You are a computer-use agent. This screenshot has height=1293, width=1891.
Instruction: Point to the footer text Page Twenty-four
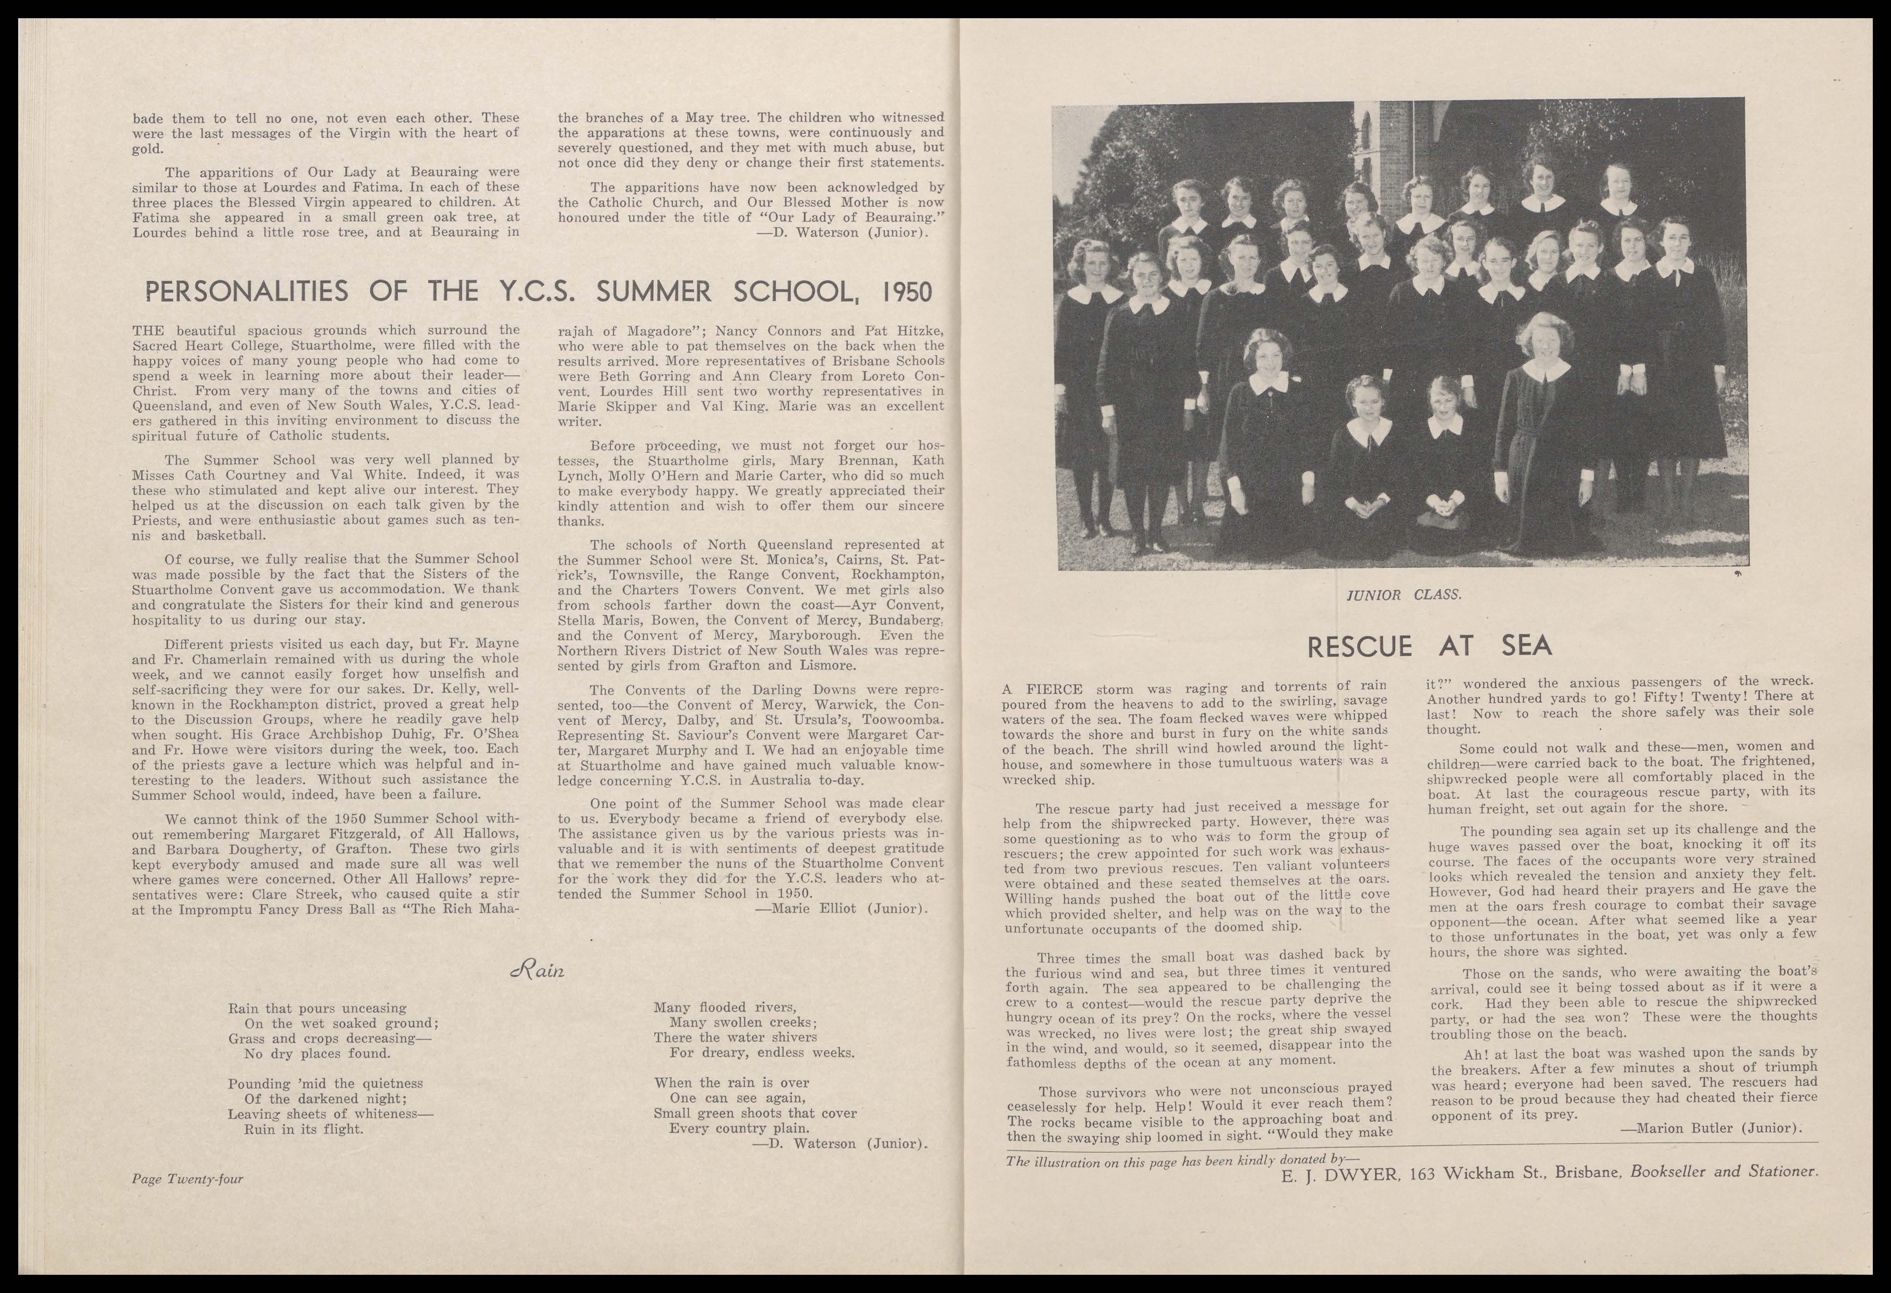187,1178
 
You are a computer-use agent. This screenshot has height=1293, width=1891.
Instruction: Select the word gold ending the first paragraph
147,149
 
